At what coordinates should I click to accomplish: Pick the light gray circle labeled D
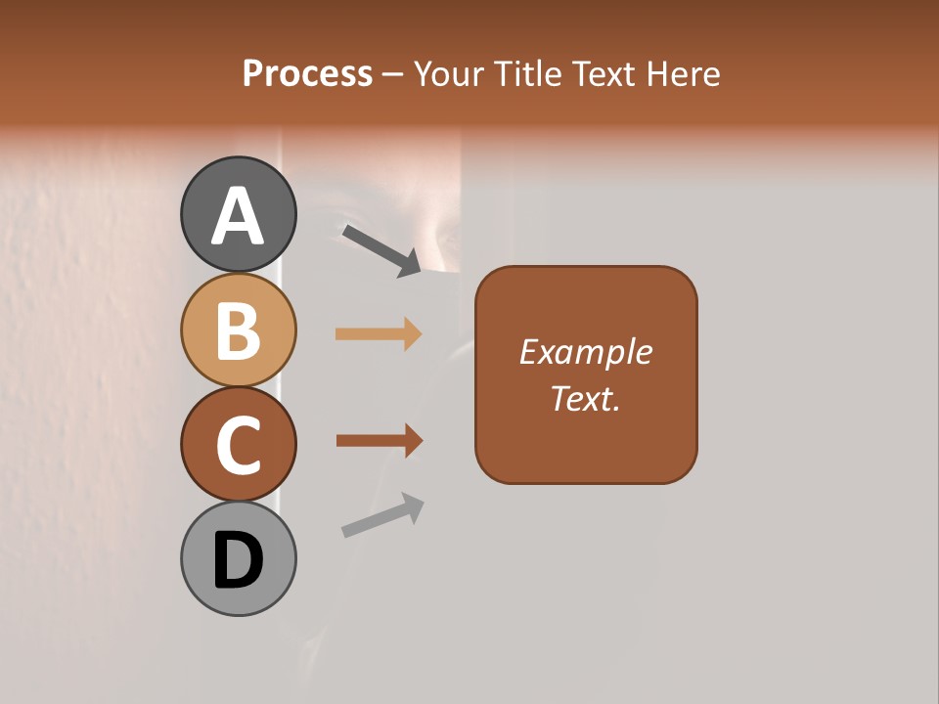238,558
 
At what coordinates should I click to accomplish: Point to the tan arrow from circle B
379,334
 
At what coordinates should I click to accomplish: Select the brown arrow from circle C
379,441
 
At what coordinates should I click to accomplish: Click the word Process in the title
307,73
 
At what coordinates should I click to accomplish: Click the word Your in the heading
450,74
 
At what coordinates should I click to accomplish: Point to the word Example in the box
585,352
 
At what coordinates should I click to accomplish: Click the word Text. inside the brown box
585,399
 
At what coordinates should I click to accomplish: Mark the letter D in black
238,560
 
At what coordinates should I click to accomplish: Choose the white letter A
238,216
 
